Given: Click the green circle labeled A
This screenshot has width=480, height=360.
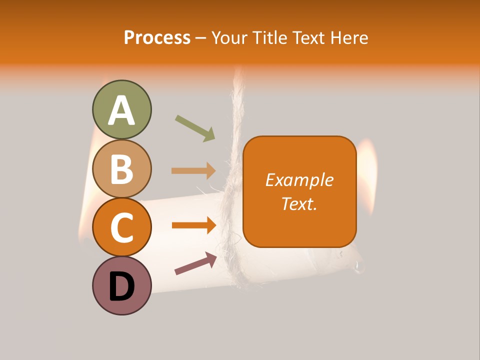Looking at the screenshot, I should pos(121,109).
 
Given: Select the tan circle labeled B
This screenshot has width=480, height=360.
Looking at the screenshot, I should pos(121,168).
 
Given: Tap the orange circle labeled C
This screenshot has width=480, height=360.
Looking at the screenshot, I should pos(121,227).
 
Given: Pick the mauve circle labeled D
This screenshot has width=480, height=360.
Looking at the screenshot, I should pos(121,285).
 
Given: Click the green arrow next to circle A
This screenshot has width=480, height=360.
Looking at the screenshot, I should pos(195,128).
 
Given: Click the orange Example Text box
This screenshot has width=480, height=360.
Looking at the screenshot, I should pos(299,191).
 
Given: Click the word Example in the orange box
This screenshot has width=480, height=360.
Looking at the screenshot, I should pos(299,180).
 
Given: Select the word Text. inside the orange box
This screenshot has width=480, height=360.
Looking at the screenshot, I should pos(299,204).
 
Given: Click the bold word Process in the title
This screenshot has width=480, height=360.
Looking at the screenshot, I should pos(157,37).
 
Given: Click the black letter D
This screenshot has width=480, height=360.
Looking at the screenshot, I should pos(121,286).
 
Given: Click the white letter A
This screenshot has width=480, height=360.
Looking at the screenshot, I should pos(121,110).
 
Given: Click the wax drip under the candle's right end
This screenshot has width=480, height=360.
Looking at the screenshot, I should pos(358,267).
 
